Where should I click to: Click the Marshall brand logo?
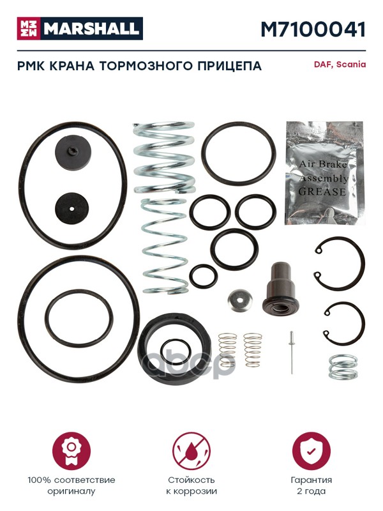point(80,28)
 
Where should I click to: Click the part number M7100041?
point(313,29)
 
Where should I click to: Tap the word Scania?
point(350,65)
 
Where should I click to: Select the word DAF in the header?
point(323,65)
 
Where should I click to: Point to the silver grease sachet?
point(324,173)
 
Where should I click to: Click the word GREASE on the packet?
point(322,191)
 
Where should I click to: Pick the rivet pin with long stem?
point(292,353)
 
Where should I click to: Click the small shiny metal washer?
point(240,300)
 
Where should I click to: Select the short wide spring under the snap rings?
point(343,367)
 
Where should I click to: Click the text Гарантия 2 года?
point(311,485)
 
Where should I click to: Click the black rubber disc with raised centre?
point(73,151)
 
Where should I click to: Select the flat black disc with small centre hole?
point(71,208)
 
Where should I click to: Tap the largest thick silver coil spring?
point(165,158)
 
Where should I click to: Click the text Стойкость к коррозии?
point(191,485)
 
